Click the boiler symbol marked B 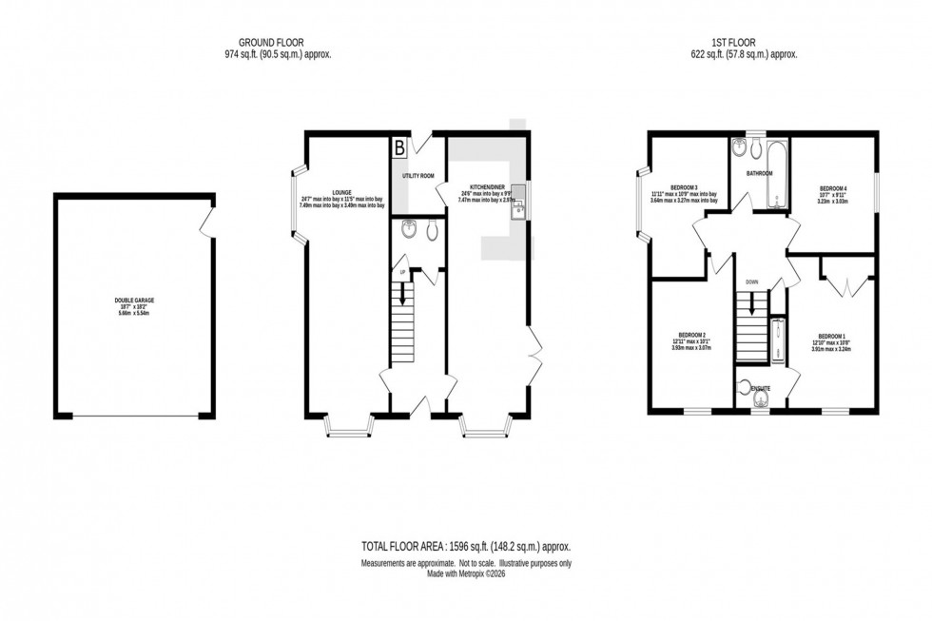tap(399, 147)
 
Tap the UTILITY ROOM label tap(418, 176)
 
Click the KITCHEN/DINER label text tap(478, 186)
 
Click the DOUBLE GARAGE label tap(132, 301)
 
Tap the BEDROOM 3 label tap(683, 187)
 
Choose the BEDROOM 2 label tap(691, 335)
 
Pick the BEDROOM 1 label tap(830, 336)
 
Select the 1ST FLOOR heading tap(730, 43)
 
